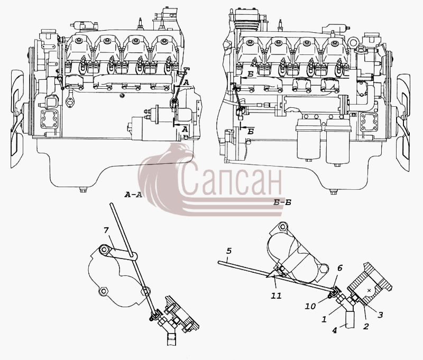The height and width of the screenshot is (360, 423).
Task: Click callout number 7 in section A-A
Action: (x=106, y=230)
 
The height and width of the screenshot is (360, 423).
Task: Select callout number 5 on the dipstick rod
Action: (x=229, y=251)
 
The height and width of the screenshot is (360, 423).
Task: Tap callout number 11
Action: (x=276, y=296)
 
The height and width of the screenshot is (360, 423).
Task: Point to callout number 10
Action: (x=310, y=306)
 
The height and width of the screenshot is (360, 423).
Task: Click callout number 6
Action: (x=340, y=268)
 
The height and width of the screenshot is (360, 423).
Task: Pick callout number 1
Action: (x=324, y=319)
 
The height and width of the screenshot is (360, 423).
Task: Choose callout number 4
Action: (x=335, y=330)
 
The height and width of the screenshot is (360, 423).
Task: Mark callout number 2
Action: (x=366, y=326)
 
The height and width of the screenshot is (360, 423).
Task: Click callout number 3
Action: (x=380, y=315)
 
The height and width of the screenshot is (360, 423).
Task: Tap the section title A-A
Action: (x=133, y=195)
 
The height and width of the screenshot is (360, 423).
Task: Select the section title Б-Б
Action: (x=282, y=202)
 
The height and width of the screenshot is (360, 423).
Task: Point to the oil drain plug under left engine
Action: (x=83, y=190)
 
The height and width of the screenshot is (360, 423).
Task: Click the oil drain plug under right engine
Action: (x=334, y=192)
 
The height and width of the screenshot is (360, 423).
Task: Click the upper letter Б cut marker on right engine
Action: (x=250, y=75)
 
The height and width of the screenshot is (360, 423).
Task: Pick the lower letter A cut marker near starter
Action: (x=185, y=130)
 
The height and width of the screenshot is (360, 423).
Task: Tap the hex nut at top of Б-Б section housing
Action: (x=282, y=226)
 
